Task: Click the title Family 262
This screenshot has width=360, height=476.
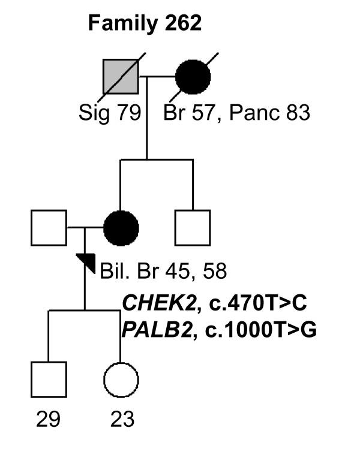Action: [x=145, y=23]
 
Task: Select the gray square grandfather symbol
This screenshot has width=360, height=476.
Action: [x=121, y=77]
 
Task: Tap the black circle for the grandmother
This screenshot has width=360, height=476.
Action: [x=193, y=77]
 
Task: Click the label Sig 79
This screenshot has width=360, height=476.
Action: [x=109, y=113]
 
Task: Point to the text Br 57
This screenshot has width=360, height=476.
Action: [x=187, y=113]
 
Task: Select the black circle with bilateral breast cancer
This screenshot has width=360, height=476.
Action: [x=121, y=228]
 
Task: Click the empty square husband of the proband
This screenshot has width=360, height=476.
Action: [x=49, y=228]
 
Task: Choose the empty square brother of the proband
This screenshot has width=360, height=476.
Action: [x=193, y=228]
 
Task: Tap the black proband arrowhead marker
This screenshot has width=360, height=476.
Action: [x=88, y=262]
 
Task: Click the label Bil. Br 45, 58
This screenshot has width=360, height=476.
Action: [x=163, y=272]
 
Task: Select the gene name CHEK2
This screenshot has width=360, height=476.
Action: [x=159, y=303]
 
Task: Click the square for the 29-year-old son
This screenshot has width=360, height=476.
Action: [x=49, y=379]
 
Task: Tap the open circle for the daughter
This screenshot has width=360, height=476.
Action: [x=121, y=379]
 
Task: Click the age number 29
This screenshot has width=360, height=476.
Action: [x=48, y=419]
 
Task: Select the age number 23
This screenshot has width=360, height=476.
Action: [x=122, y=419]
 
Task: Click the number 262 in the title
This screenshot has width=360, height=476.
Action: [x=181, y=23]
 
